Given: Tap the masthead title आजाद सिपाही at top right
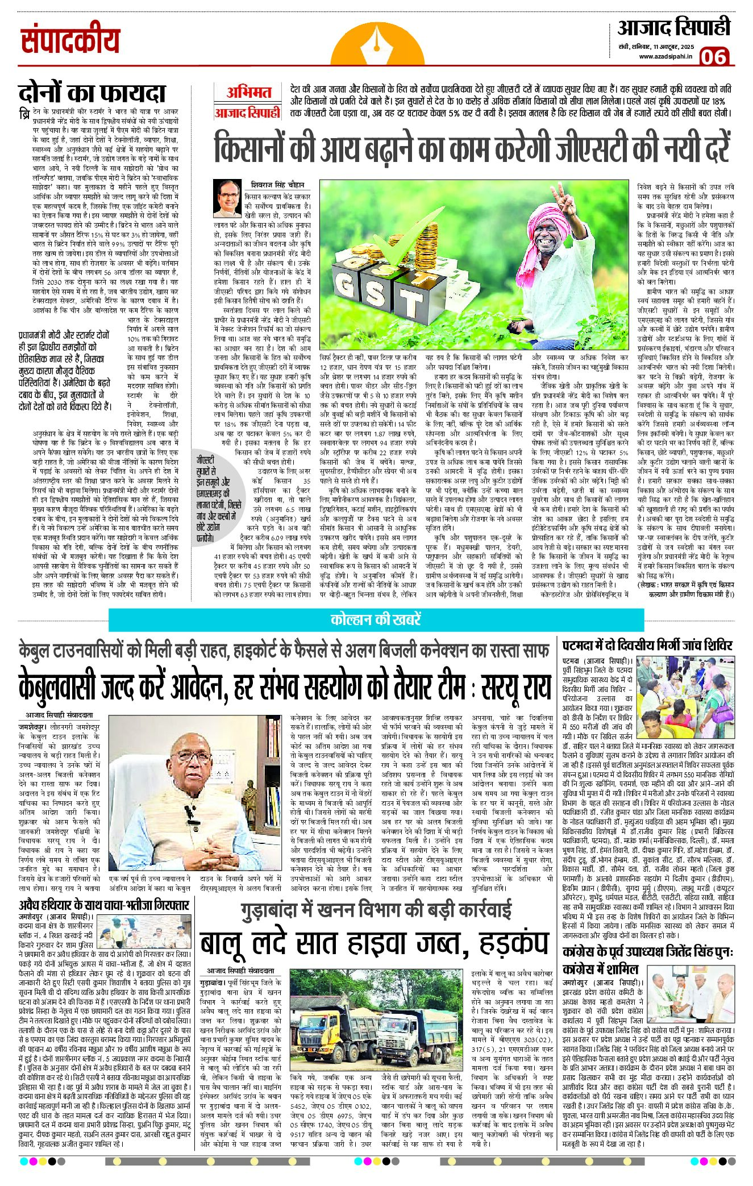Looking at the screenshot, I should [x=674, y=28].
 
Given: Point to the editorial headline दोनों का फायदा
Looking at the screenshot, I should [x=92, y=93].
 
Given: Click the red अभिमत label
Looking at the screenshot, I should [x=249, y=93].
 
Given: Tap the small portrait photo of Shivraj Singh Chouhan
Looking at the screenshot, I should [x=227, y=198].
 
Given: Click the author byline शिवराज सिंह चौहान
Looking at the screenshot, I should [x=278, y=185].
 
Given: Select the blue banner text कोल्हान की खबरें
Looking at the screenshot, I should [x=376, y=619].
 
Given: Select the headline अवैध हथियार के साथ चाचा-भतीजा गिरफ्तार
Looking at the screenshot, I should [x=104, y=905].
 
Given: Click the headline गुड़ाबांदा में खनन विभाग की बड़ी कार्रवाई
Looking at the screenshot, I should [x=376, y=911].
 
